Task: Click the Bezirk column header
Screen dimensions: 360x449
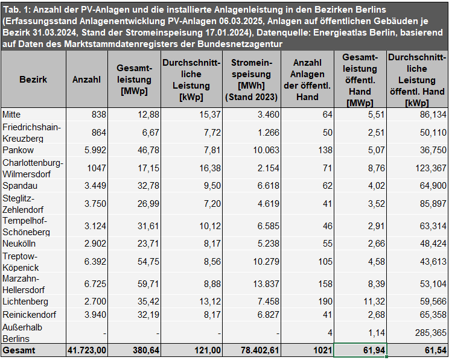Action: (33, 80)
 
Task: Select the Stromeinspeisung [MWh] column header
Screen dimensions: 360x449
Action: (251, 80)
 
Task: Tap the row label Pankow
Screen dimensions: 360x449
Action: (19, 150)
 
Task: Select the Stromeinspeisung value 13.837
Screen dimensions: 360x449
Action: (264, 284)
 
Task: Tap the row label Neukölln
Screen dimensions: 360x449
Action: (19, 244)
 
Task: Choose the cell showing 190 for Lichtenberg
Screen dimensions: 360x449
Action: (325, 302)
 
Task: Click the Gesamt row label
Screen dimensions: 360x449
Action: (19, 350)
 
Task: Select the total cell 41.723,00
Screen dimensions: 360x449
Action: (84, 350)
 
